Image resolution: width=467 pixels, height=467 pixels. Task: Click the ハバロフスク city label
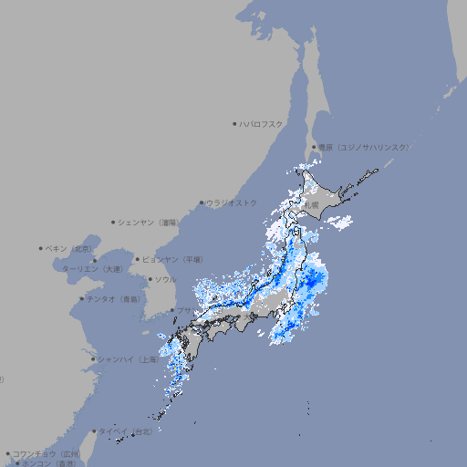tap(261, 123)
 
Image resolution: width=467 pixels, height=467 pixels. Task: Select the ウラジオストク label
tap(232, 202)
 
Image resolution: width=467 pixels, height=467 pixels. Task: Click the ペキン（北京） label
tap(69, 248)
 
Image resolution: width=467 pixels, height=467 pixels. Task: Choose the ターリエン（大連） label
tap(91, 269)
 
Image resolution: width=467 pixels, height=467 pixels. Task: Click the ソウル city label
tap(165, 279)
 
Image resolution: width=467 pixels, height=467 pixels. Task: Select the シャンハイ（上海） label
tap(128, 359)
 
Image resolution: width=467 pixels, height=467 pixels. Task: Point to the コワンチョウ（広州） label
tap(47, 453)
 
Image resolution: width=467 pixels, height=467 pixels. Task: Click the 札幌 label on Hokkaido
tap(311, 205)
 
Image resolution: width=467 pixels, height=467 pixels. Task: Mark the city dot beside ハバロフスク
tap(234, 123)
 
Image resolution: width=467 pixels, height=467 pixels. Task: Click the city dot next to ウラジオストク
tap(202, 203)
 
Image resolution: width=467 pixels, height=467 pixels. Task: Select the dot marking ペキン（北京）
tap(40, 248)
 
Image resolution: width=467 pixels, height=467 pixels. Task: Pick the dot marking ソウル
tap(150, 279)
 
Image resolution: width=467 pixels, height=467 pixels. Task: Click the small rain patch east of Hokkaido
tap(339, 222)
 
